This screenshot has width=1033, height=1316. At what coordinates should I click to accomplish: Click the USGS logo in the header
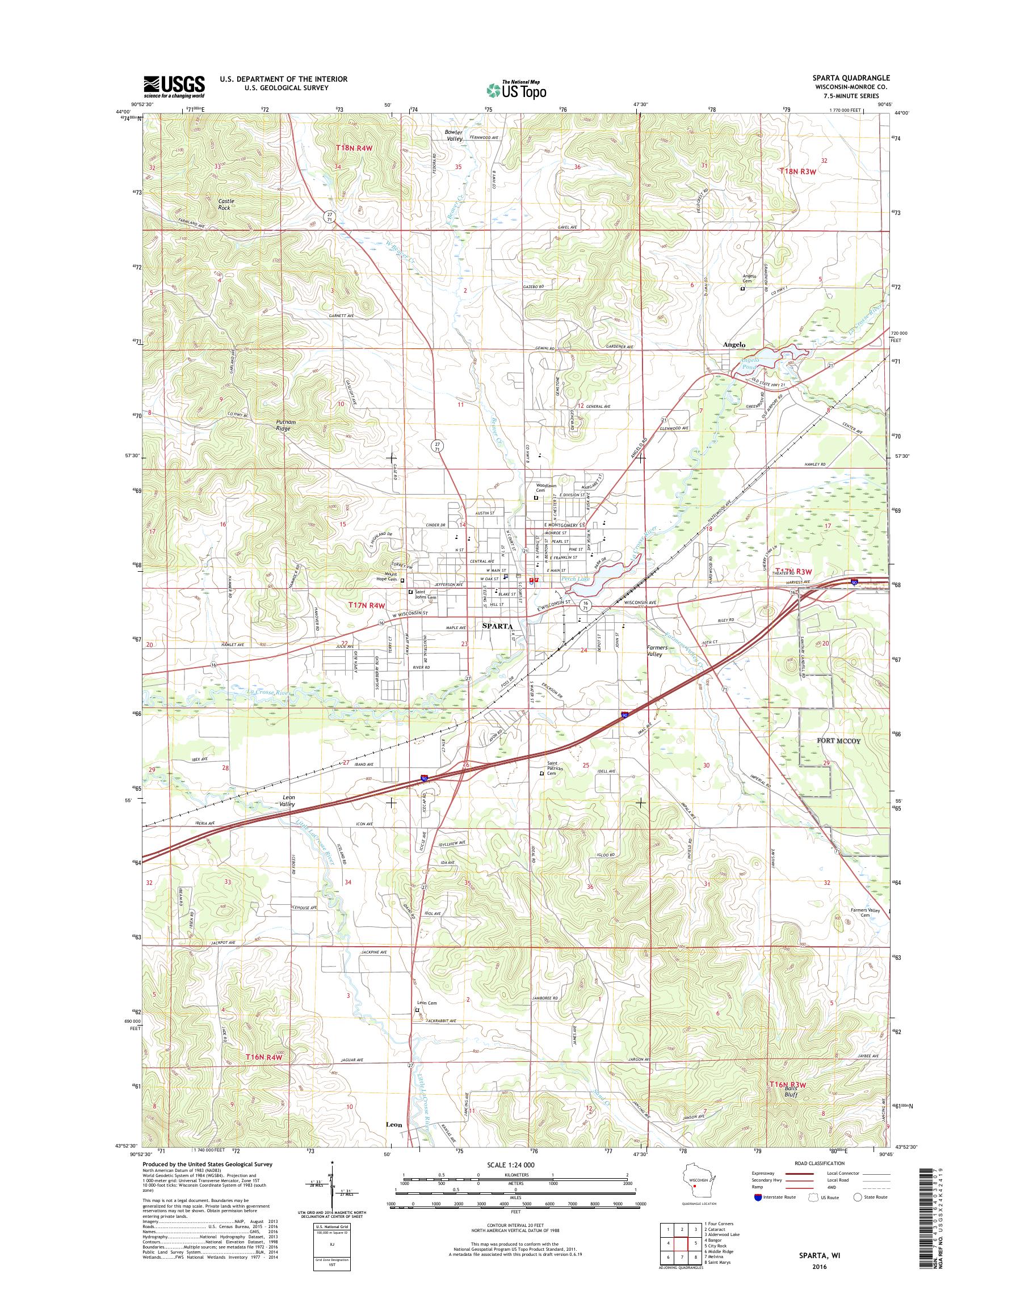point(174,86)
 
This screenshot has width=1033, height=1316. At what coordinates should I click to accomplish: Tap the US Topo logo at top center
point(516,90)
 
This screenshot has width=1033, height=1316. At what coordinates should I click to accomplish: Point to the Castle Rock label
point(226,203)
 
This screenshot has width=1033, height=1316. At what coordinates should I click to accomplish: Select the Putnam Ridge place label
point(282,425)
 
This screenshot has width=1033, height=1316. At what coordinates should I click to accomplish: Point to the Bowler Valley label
point(454,136)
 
